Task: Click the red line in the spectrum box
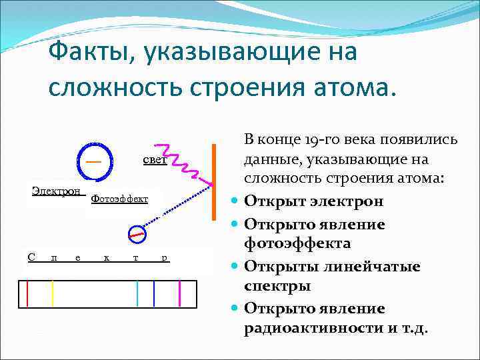tap(27, 294)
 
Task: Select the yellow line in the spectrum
tap(52, 294)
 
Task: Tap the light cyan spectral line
tap(137, 294)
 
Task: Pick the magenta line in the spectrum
tap(180, 294)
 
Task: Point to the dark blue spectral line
tap(154, 294)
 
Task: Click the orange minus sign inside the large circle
tap(94, 161)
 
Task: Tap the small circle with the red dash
tap(137, 234)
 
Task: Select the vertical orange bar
tap(214, 181)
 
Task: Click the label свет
tap(154, 161)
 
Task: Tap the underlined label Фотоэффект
tap(119, 199)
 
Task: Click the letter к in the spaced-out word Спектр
tap(107, 258)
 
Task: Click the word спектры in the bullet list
tap(277, 286)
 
